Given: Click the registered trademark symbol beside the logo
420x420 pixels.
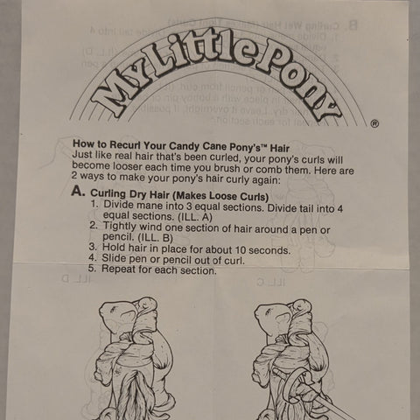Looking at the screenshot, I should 374,123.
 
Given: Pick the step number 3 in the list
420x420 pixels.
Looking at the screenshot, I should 94,248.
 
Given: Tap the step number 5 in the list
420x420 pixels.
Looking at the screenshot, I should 94,269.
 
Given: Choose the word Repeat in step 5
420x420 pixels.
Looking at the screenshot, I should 122,269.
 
